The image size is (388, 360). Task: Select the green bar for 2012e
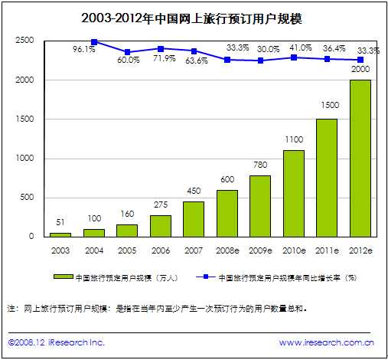click(x=360, y=158)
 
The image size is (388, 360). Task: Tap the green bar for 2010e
click(x=293, y=193)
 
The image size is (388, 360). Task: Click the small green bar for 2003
click(x=60, y=234)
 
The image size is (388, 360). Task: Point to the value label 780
click(x=260, y=166)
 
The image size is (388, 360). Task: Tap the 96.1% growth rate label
click(x=83, y=49)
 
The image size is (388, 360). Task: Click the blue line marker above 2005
click(x=127, y=52)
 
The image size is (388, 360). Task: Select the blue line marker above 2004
click(x=94, y=42)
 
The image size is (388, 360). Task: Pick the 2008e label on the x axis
click(x=227, y=250)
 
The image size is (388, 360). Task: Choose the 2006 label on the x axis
click(x=160, y=250)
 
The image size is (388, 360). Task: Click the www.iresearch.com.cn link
click(x=325, y=342)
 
